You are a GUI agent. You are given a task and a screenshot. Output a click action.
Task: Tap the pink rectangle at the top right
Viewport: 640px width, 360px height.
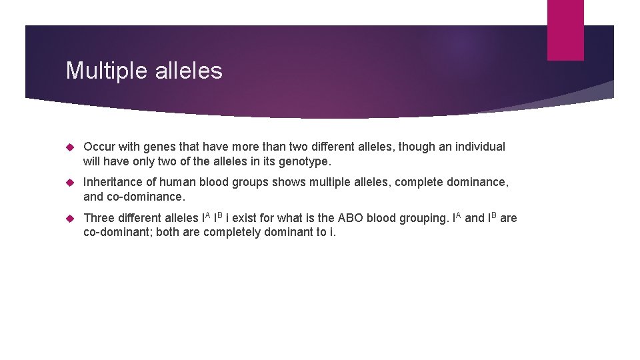point(565,30)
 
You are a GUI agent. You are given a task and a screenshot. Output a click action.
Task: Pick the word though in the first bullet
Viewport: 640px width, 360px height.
point(417,147)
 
